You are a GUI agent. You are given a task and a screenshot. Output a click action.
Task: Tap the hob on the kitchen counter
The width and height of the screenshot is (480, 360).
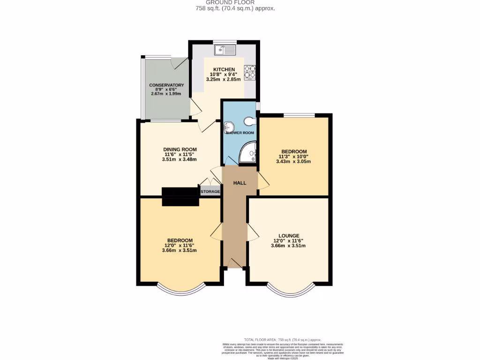[250, 72]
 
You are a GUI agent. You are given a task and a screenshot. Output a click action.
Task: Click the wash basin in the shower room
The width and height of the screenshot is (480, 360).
[228, 127]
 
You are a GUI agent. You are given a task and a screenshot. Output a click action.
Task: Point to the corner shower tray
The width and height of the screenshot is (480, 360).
[249, 154]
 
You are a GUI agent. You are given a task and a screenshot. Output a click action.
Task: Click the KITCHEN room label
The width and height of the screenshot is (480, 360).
[224, 69]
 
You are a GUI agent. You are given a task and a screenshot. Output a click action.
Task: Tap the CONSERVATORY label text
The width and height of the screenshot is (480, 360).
[166, 85]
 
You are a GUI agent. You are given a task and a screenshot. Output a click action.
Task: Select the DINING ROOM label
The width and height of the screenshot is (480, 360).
[179, 149]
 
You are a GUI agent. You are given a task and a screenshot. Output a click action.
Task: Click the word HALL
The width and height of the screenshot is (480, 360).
[240, 183]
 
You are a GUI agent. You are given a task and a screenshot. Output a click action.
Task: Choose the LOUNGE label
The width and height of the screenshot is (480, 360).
[288, 236]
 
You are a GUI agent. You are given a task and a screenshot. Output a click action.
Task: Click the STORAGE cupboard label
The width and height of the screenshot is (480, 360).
[210, 191]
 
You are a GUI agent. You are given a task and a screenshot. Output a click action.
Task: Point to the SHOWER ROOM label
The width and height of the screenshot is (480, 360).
[240, 133]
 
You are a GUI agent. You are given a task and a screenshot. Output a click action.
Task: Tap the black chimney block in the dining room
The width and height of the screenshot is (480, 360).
[180, 196]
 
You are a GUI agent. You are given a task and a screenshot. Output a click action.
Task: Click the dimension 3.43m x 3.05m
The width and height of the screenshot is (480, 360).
[293, 161]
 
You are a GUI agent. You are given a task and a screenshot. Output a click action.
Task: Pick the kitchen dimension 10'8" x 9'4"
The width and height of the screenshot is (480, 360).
[224, 74]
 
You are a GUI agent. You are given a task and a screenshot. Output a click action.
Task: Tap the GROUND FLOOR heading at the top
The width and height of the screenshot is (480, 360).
[235, 2]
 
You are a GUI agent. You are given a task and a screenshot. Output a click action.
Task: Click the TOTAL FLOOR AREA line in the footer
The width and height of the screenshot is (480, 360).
[283, 340]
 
